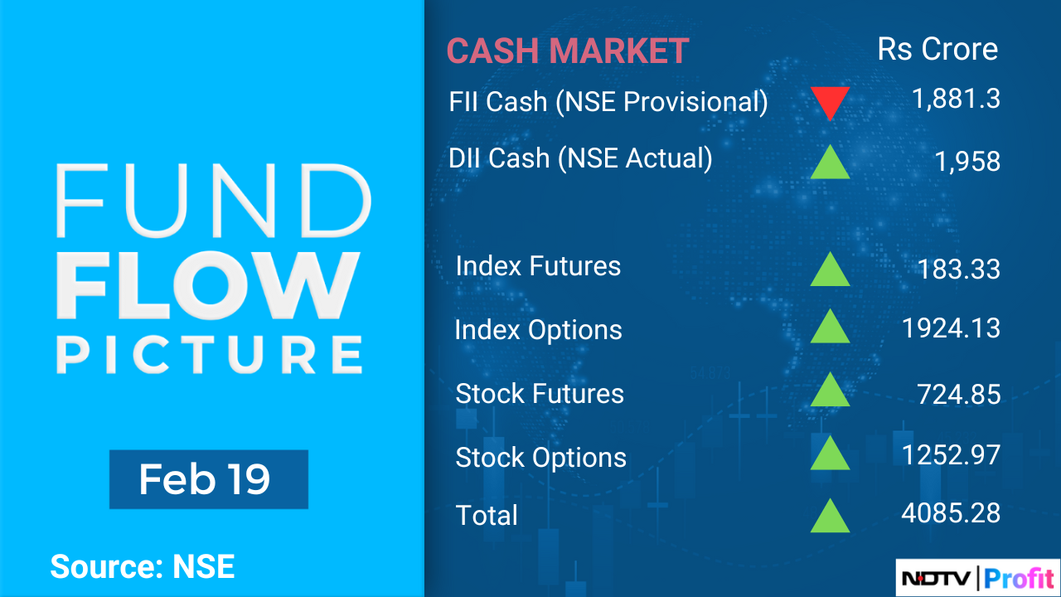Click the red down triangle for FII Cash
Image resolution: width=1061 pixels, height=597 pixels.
click(x=830, y=101)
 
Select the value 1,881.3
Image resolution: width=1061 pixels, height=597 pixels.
click(x=956, y=99)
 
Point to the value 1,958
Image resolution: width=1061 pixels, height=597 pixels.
click(x=967, y=161)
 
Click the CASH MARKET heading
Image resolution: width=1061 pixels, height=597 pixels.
click(x=568, y=51)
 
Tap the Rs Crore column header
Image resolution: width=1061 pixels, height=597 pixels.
click(x=937, y=50)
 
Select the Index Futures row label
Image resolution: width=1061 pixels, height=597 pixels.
click(x=538, y=266)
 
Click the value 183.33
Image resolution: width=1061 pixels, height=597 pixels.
click(x=959, y=269)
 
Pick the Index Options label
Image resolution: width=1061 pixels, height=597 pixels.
click(x=538, y=330)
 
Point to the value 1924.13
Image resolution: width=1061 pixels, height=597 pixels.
click(x=951, y=328)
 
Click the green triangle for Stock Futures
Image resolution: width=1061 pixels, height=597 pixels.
click(x=830, y=391)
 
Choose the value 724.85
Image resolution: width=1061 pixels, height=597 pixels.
click(x=958, y=394)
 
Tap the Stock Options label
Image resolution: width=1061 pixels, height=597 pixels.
click(x=540, y=457)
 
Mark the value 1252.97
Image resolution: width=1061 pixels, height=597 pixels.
click(x=951, y=454)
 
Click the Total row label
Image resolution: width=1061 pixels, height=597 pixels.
click(x=487, y=515)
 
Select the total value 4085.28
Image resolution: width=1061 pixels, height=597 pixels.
click(x=951, y=512)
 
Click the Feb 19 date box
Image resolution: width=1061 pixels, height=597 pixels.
click(x=208, y=479)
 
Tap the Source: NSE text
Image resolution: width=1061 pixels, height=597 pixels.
click(x=143, y=567)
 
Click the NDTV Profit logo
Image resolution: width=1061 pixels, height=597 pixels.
click(x=978, y=577)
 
